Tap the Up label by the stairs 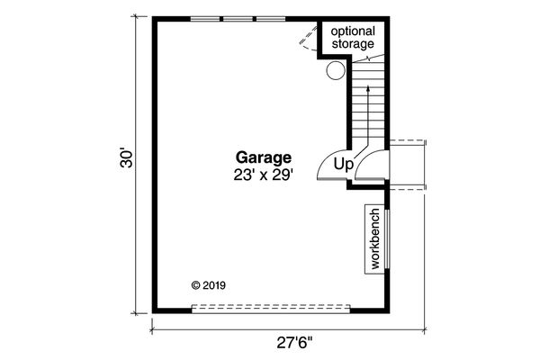[343, 164]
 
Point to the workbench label [373, 239]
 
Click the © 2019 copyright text [210, 286]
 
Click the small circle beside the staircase [335, 69]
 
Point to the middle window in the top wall [238, 18]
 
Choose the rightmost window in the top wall [270, 18]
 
